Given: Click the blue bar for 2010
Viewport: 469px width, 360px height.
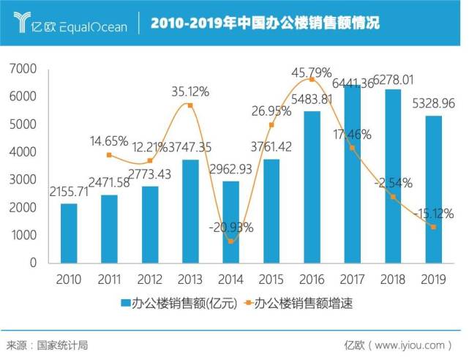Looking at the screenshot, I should click(x=69, y=233).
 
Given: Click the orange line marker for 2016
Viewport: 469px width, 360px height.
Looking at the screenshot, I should click(x=312, y=78).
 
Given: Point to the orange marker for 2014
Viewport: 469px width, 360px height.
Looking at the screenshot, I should click(x=231, y=241).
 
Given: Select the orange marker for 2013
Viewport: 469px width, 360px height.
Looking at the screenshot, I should click(x=190, y=105).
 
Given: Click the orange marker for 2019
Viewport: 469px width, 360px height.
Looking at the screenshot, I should click(x=434, y=227).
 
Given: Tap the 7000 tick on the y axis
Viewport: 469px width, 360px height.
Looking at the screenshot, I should click(x=23, y=69).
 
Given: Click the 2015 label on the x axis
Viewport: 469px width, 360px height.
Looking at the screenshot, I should click(x=271, y=280).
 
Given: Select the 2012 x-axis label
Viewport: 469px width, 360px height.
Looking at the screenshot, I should click(x=150, y=280).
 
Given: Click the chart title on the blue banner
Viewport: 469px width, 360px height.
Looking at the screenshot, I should click(x=265, y=25).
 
